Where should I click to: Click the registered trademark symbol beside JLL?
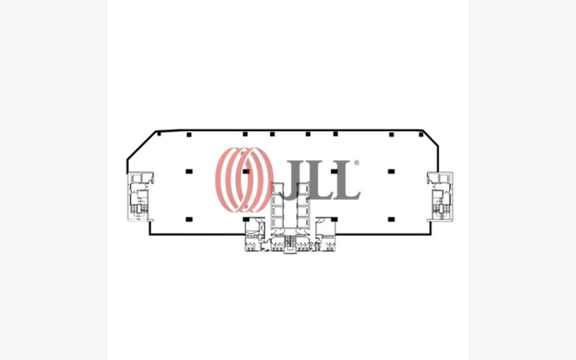356,163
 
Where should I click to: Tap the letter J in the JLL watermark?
295,180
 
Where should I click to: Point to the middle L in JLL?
321,180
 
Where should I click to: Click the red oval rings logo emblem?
244,179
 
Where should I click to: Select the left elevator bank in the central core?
278,207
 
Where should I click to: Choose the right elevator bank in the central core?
302,207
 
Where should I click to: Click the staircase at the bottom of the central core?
290,243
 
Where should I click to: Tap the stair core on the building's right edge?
440,196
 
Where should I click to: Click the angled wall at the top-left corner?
141,145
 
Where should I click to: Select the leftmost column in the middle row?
189,172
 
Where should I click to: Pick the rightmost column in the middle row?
391,172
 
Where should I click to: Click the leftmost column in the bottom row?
189,219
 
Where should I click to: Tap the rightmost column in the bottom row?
391,219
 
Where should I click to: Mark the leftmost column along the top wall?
159,134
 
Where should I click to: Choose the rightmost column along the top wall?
421,134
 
